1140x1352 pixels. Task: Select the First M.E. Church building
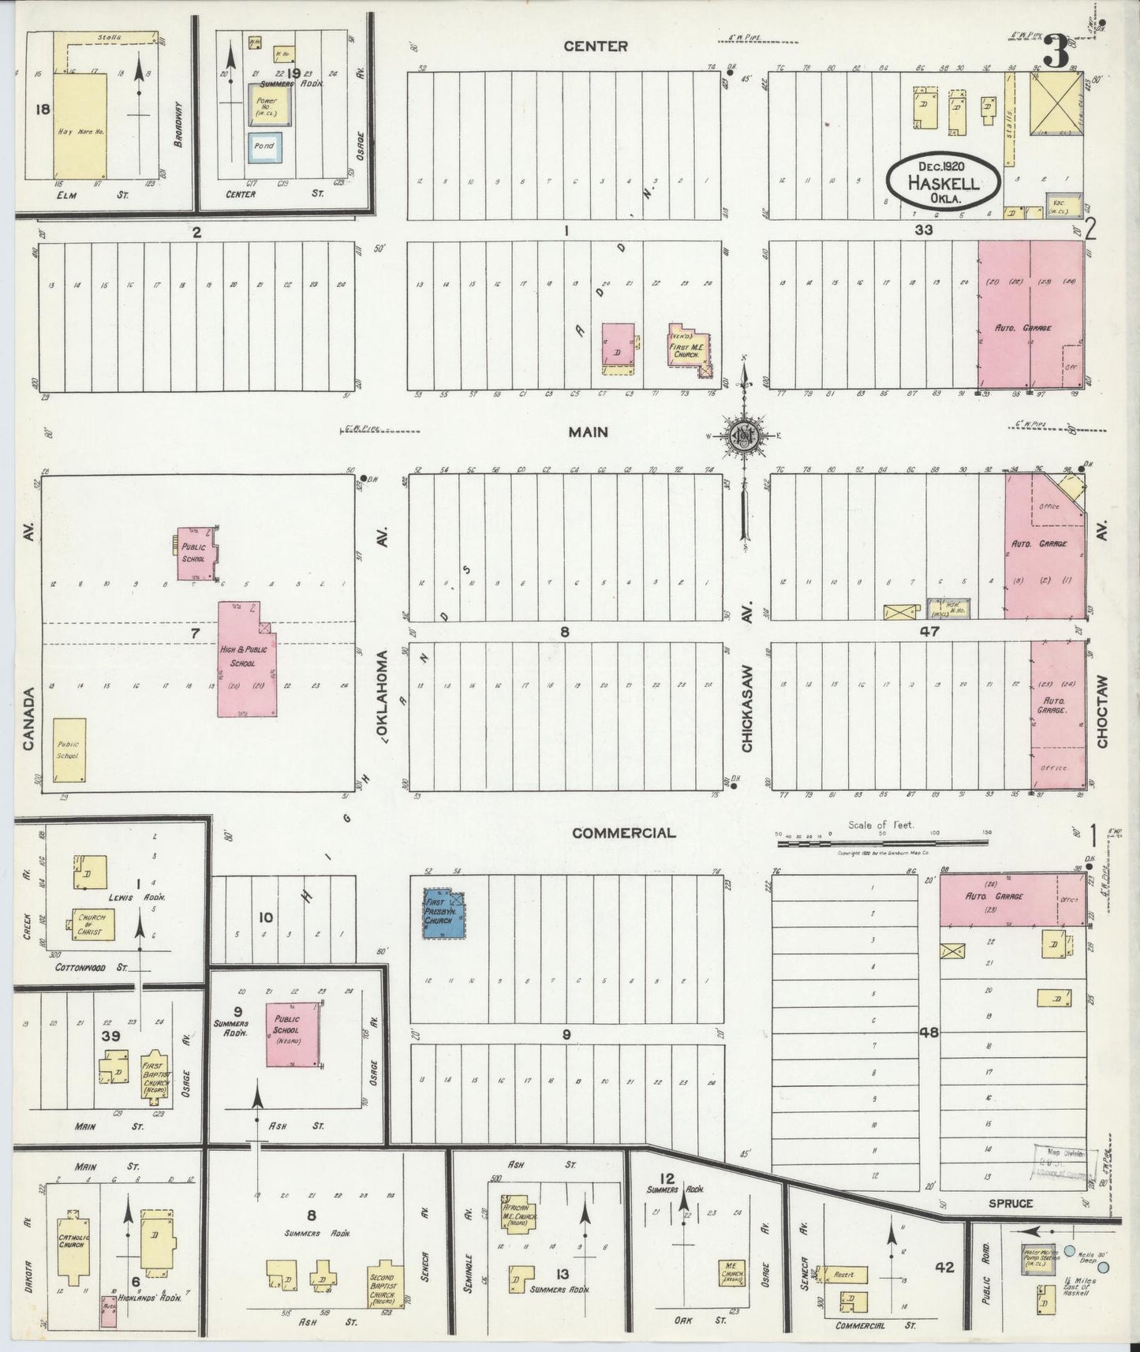tap(688, 345)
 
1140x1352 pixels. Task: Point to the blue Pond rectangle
tap(264, 147)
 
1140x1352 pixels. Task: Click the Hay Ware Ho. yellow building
tap(77, 126)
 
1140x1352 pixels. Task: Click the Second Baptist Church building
tap(387, 1278)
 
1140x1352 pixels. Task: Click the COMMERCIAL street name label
tap(623, 833)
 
